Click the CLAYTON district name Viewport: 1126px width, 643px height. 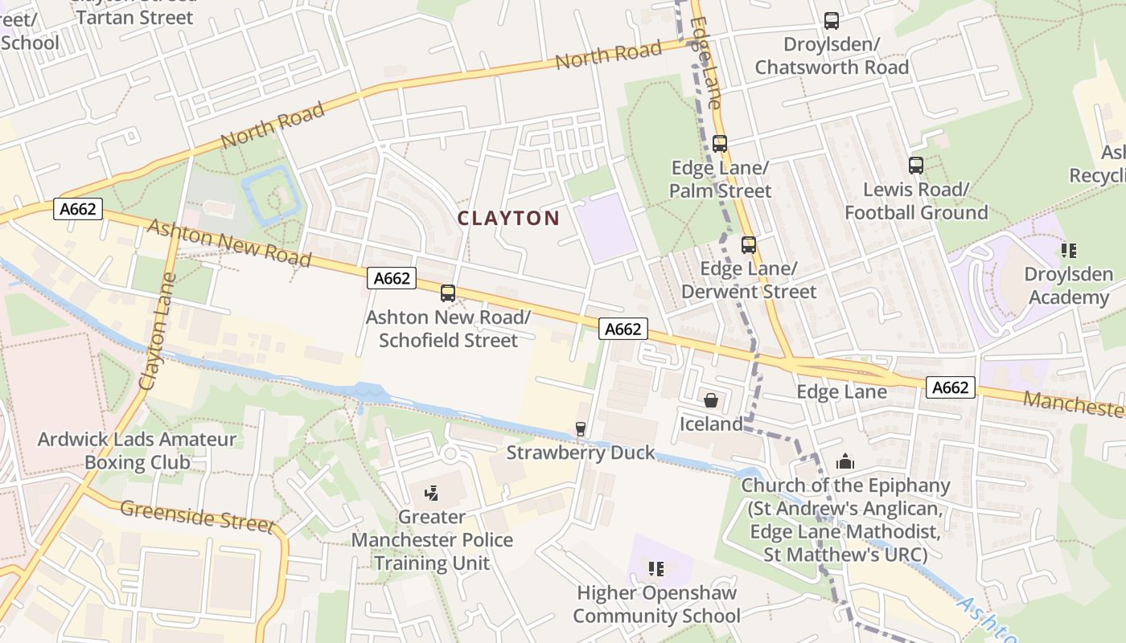point(508,218)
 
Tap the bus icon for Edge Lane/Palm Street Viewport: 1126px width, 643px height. point(720,144)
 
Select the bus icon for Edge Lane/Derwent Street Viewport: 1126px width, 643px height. point(749,245)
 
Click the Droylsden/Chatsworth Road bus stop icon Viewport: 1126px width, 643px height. point(832,21)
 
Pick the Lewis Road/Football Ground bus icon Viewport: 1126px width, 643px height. point(916,166)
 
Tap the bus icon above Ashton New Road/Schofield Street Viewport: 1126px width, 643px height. point(448,293)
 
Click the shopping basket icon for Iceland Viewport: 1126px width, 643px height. point(711,400)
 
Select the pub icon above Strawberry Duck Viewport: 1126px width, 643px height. point(581,429)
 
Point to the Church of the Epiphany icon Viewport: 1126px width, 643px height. point(845,462)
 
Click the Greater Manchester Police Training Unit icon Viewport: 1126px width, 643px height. point(432,493)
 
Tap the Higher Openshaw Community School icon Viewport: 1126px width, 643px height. point(656,569)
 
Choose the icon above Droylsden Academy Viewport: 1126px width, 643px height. point(1069,251)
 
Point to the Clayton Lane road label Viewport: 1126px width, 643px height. point(158,331)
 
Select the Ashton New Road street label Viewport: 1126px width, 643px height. point(229,243)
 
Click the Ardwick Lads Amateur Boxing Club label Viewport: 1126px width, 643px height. point(138,451)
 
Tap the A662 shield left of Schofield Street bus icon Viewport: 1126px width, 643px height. point(392,278)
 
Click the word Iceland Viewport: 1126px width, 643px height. point(711,424)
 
